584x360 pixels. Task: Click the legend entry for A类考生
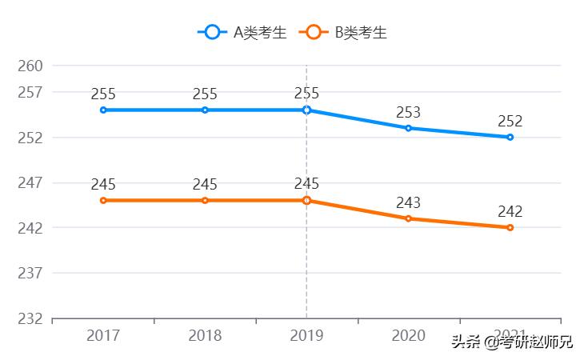[242, 32]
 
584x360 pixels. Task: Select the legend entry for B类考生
[343, 32]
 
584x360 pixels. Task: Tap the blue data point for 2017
[103, 110]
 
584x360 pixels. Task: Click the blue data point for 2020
[408, 128]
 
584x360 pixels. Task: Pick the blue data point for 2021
[510, 138]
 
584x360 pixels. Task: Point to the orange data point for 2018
[205, 200]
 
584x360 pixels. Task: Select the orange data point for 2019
[306, 200]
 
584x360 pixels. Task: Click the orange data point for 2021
[510, 228]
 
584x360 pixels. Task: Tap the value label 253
[408, 113]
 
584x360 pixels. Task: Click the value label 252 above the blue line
[510, 122]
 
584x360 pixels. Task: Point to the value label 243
[408, 203]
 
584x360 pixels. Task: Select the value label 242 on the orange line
[510, 212]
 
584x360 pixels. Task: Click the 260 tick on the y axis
[30, 66]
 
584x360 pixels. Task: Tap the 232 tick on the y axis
[30, 318]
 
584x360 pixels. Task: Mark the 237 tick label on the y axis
[30, 274]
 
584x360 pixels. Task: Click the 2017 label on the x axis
[103, 336]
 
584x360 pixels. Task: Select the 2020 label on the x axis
[408, 336]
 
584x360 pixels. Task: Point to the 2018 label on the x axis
[205, 336]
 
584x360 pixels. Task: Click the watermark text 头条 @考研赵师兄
[512, 342]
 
